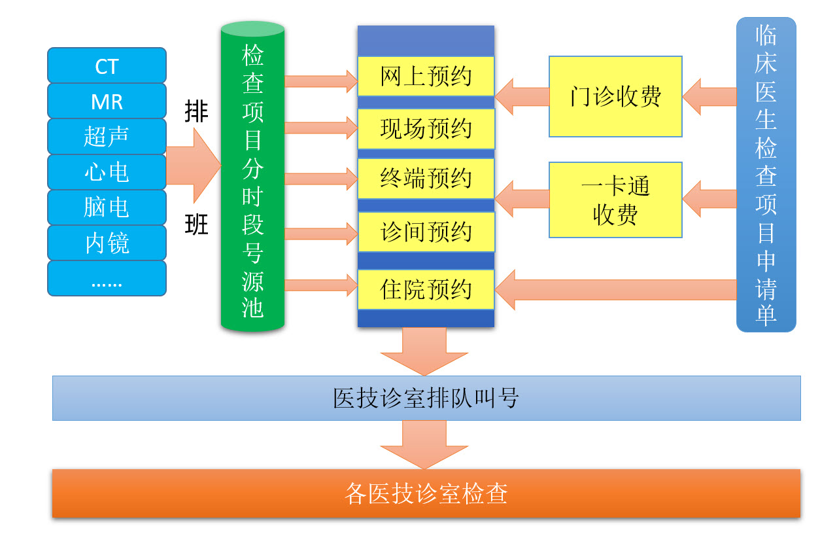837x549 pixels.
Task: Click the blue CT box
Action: pyautogui.click(x=107, y=65)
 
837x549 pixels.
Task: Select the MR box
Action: pyautogui.click(x=107, y=101)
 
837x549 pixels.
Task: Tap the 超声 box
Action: pyautogui.click(x=107, y=136)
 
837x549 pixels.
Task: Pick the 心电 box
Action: pyautogui.click(x=107, y=172)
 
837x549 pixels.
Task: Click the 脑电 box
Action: pyautogui.click(x=107, y=207)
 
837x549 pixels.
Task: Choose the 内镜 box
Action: pyautogui.click(x=107, y=243)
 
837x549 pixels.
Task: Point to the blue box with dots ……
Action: pyautogui.click(x=107, y=279)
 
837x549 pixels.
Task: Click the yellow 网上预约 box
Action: pyautogui.click(x=426, y=76)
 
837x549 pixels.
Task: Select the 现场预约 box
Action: pyautogui.click(x=426, y=128)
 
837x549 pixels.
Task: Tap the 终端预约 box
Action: pyautogui.click(x=426, y=179)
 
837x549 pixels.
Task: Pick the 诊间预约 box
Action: pyautogui.click(x=426, y=232)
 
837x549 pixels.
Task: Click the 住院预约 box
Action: pyautogui.click(x=426, y=289)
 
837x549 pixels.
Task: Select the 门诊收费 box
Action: pyautogui.click(x=615, y=96)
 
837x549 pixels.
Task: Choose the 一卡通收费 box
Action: pyautogui.click(x=615, y=200)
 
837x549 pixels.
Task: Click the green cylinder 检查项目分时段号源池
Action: pyautogui.click(x=252, y=177)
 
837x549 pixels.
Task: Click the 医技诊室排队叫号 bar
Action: pyautogui.click(x=426, y=398)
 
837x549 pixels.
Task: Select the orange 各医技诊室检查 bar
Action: pyautogui.click(x=426, y=493)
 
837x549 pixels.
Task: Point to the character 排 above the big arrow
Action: pyautogui.click(x=196, y=111)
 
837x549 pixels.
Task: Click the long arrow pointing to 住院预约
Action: pyautogui.click(x=621, y=289)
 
